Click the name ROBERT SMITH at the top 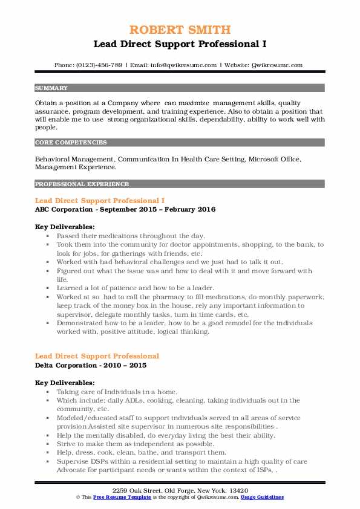180,31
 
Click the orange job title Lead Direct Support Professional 97,356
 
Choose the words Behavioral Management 74,158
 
